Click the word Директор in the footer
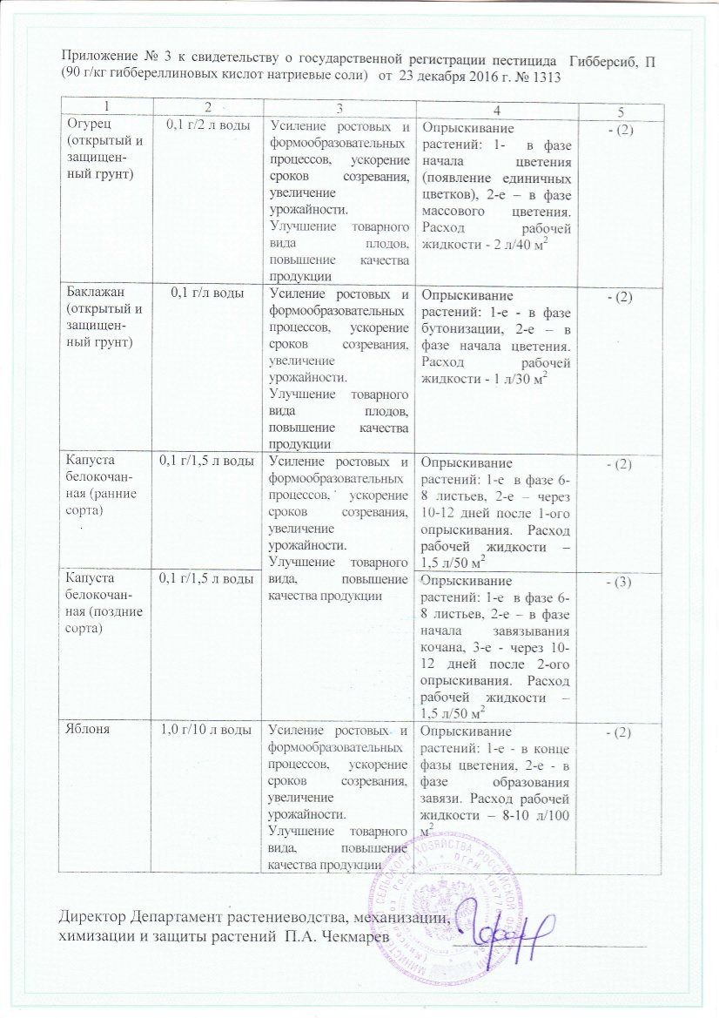[93, 918]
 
